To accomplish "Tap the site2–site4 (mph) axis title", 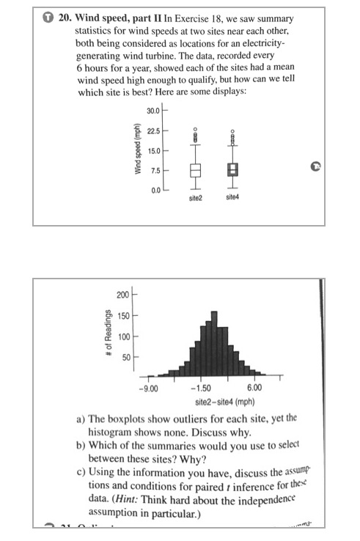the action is tap(224, 402).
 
